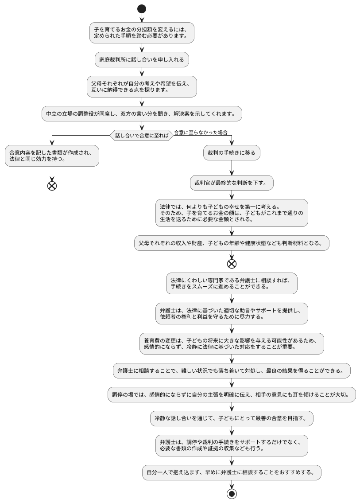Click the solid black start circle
click(x=142, y=9)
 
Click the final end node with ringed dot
click(x=231, y=494)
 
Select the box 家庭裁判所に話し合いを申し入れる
click(x=142, y=59)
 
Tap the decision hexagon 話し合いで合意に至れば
click(x=142, y=136)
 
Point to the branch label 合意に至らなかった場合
click(x=201, y=132)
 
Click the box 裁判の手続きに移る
click(x=232, y=153)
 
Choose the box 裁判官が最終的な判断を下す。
click(x=232, y=183)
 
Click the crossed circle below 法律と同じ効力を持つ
click(x=52, y=186)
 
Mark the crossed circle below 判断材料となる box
click(x=232, y=264)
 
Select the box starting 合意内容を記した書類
click(x=52, y=156)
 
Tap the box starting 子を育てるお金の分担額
click(x=142, y=33)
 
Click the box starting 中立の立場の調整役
click(x=142, y=113)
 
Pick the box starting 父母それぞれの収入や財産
click(x=232, y=243)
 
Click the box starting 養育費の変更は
click(x=232, y=343)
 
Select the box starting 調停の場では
click(x=232, y=394)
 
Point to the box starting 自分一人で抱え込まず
click(x=232, y=472)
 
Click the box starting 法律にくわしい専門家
click(x=232, y=283)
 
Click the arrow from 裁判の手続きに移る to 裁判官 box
click(x=232, y=168)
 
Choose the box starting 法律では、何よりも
click(x=232, y=213)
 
